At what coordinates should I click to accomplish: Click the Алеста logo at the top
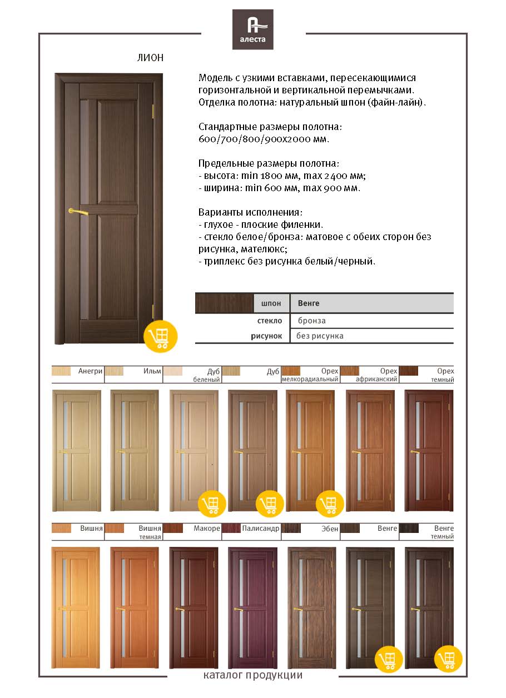pyautogui.click(x=253, y=29)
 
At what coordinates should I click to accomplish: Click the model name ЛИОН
pyautogui.click(x=150, y=58)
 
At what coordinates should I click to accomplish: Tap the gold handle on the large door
pyautogui.click(x=77, y=211)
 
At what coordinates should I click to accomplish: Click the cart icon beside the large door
pyautogui.click(x=160, y=336)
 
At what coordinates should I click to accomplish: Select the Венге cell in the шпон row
pyautogui.click(x=309, y=303)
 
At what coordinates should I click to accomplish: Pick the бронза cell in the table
pyautogui.click(x=311, y=321)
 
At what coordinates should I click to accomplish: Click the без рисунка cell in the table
pyautogui.click(x=320, y=336)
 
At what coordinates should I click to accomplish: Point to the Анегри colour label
pyautogui.click(x=91, y=371)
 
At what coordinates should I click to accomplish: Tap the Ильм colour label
pyautogui.click(x=152, y=371)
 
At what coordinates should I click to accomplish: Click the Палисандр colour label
pyautogui.click(x=260, y=529)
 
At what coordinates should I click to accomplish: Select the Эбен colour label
pyautogui.click(x=330, y=529)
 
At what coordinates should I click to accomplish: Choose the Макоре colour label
pyautogui.click(x=207, y=529)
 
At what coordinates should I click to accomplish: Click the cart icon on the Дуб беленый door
pyautogui.click(x=212, y=504)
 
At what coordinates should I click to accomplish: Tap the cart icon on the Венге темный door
pyautogui.click(x=448, y=659)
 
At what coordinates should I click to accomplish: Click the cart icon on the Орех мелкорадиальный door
pyautogui.click(x=329, y=504)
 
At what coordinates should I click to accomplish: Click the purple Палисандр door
pyautogui.click(x=252, y=608)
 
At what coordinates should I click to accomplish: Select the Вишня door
pyautogui.click(x=76, y=608)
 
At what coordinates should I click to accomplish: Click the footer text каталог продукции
pyautogui.click(x=253, y=676)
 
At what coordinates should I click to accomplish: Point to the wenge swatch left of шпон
pyautogui.click(x=224, y=303)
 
